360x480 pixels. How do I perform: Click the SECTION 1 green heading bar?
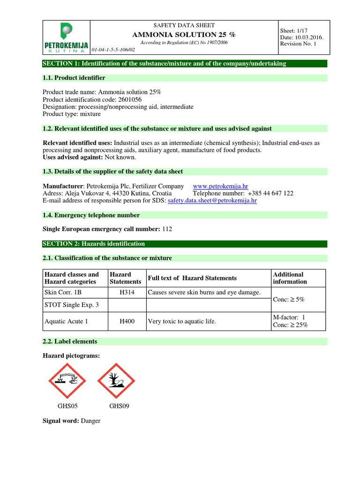[x=185, y=63]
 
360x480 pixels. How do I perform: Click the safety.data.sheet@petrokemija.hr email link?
[x=212, y=200]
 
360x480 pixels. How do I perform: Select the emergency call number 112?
[x=167, y=229]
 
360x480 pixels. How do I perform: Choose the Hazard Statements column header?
[x=125, y=278]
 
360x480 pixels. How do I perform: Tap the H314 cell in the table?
[x=126, y=292]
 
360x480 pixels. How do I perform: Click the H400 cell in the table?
[x=126, y=322]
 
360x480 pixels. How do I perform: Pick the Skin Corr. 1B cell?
[x=63, y=292]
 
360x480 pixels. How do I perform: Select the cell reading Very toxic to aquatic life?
[x=182, y=322]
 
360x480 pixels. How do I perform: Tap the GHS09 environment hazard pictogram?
[x=116, y=380]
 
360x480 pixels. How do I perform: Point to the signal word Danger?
[x=90, y=421]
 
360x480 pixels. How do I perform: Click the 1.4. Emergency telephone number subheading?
[x=91, y=215]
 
